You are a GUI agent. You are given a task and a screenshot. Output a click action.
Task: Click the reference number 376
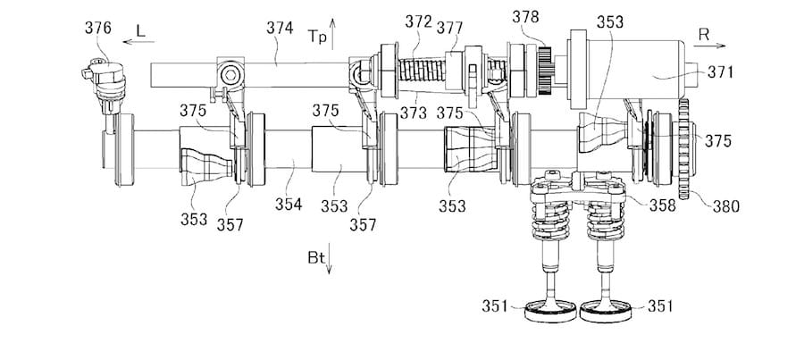pos(98,28)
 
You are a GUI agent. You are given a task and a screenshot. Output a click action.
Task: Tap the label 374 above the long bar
pos(280,27)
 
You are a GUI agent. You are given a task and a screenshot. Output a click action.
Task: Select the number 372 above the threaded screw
pos(418,21)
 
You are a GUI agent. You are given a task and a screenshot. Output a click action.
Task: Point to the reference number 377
pos(449,28)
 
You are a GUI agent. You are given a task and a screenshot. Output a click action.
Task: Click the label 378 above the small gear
pos(525,17)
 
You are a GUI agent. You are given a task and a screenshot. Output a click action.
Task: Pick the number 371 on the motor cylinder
pos(720,72)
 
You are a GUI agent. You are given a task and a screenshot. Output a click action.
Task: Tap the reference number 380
pos(726,206)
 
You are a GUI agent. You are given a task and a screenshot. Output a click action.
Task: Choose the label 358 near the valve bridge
pos(662,205)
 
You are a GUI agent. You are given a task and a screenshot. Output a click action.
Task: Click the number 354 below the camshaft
pos(289,204)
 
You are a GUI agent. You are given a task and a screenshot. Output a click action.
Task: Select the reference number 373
pos(414,113)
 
